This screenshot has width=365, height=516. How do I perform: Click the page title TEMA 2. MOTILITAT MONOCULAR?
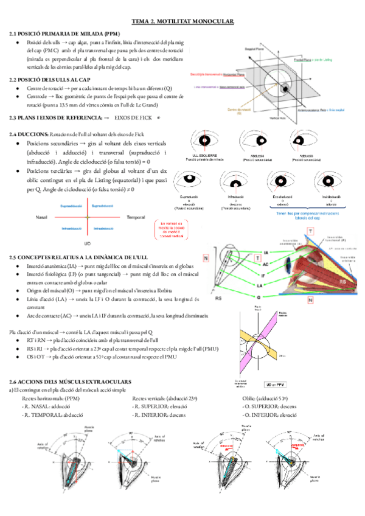coord(182,21)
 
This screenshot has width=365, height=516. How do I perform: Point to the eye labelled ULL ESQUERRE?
coord(209,143)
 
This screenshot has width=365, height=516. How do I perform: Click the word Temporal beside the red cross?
coord(135,217)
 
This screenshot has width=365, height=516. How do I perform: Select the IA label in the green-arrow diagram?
coord(266,252)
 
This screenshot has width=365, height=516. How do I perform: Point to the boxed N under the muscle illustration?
coord(310,301)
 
